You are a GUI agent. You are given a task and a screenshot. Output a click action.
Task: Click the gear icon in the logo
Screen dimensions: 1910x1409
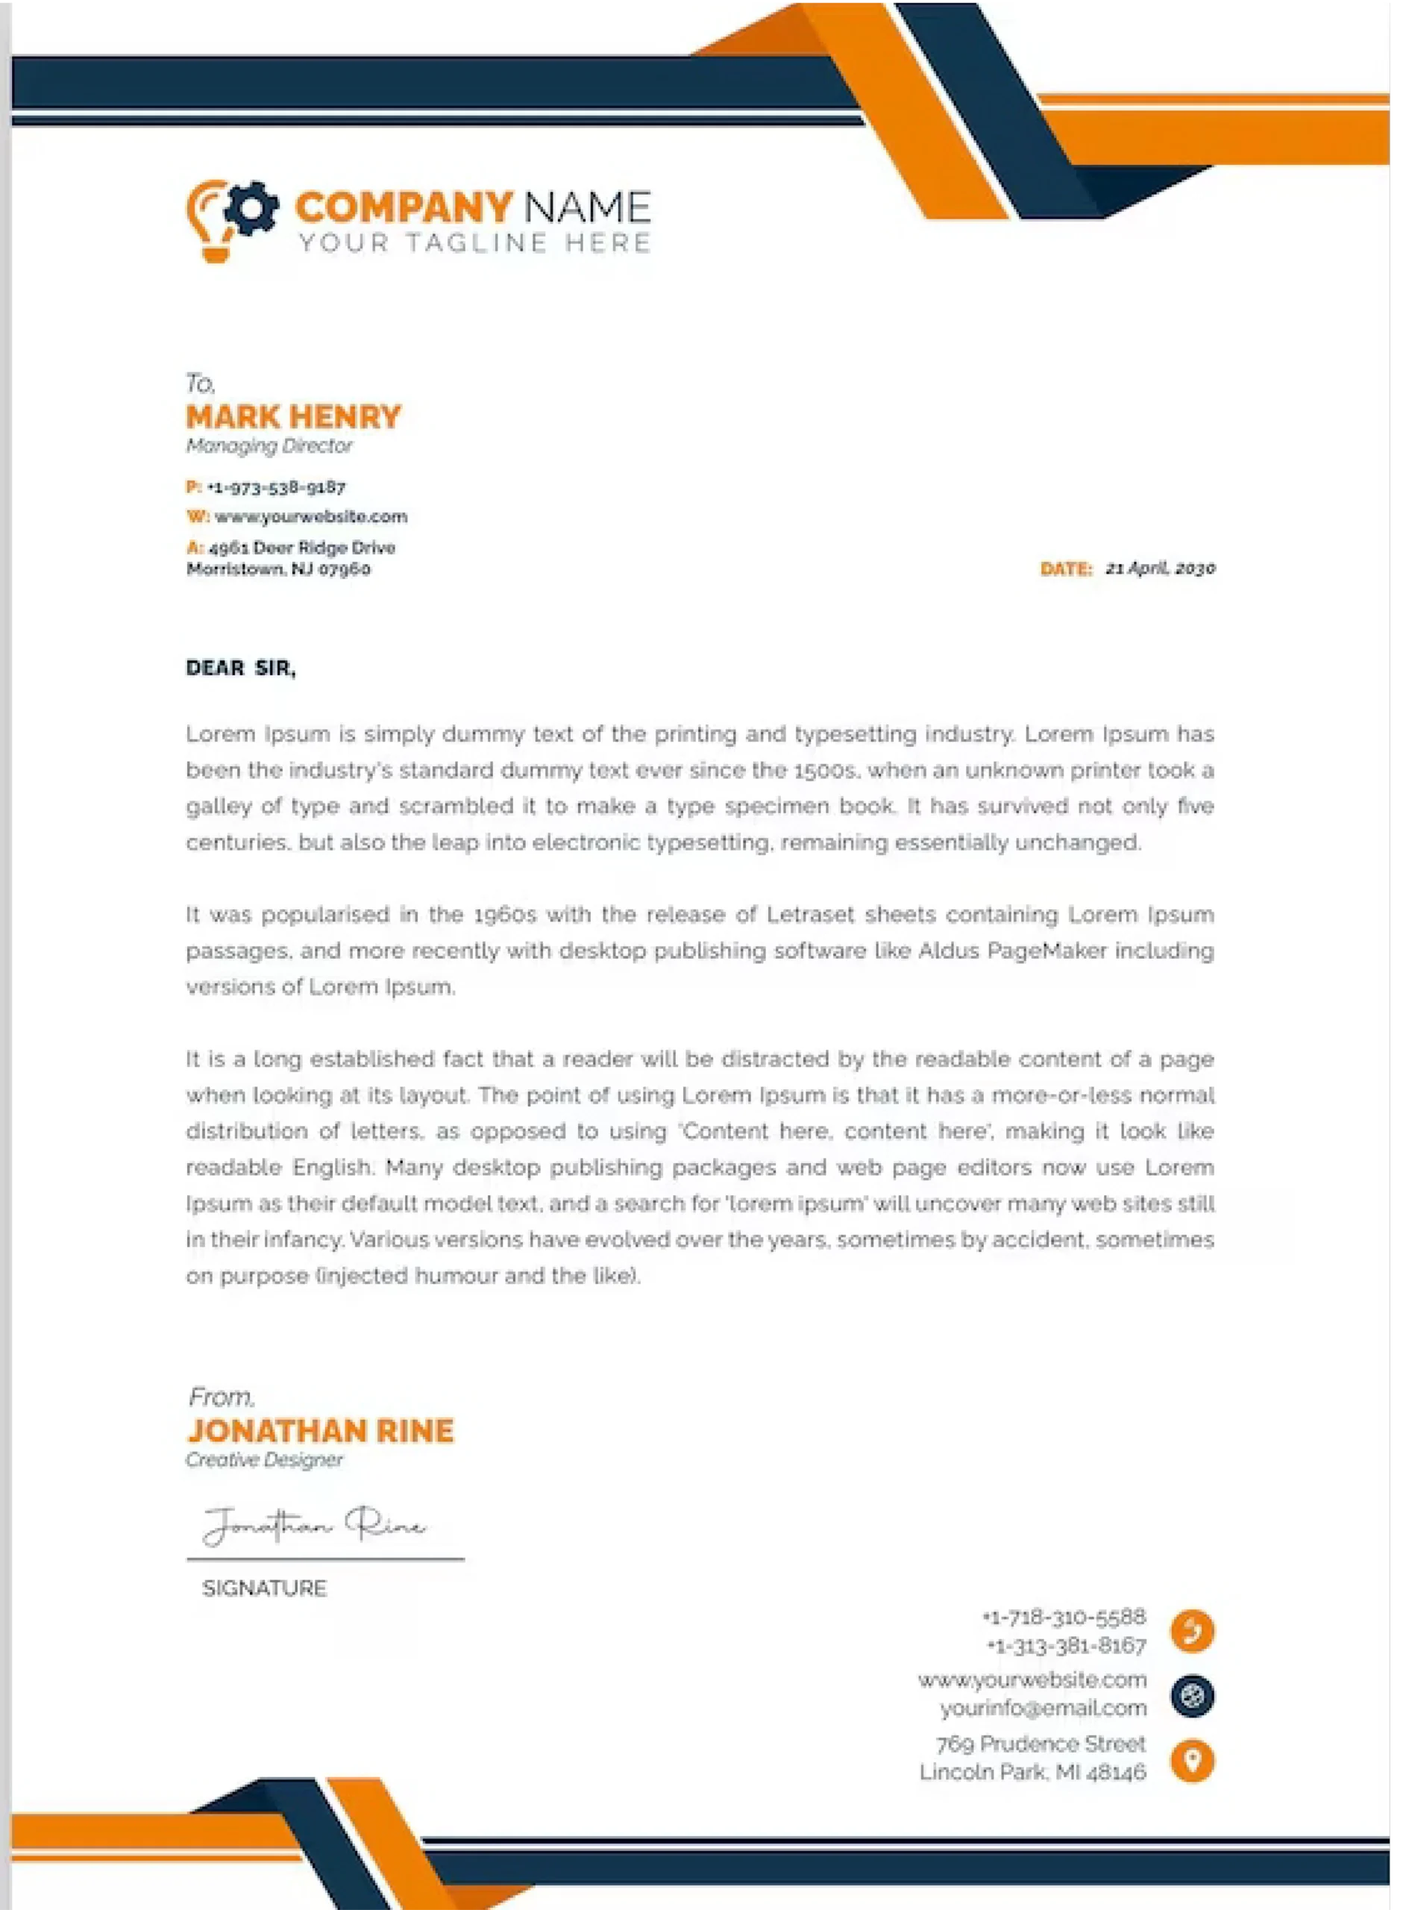pyautogui.click(x=252, y=207)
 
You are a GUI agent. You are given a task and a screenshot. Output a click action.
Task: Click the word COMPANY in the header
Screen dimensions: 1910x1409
pyautogui.click(x=404, y=207)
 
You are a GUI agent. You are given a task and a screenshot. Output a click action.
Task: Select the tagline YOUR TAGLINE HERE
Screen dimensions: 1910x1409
pyautogui.click(x=474, y=243)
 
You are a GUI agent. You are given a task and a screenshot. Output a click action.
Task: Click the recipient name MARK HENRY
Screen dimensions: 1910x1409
pyautogui.click(x=293, y=416)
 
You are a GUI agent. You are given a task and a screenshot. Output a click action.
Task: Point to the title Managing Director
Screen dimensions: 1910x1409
pyautogui.click(x=269, y=445)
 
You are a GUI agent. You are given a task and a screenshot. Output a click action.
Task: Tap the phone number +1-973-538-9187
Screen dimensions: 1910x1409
pyautogui.click(x=275, y=487)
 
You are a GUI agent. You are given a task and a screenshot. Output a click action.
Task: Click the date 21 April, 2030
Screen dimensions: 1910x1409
pyautogui.click(x=1160, y=568)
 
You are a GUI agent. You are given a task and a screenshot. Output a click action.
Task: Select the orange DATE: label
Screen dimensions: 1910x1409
pyautogui.click(x=1065, y=569)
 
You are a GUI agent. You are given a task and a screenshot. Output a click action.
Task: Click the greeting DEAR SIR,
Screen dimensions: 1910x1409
pyautogui.click(x=240, y=668)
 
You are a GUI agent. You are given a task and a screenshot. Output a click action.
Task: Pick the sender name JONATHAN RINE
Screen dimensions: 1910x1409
pyautogui.click(x=321, y=1430)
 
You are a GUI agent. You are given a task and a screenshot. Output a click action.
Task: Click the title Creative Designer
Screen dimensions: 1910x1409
pyautogui.click(x=264, y=1459)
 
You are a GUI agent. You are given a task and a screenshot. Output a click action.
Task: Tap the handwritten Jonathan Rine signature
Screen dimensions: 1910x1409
pyautogui.click(x=314, y=1524)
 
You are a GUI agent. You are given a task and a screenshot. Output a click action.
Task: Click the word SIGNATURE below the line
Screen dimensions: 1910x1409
pyautogui.click(x=264, y=1588)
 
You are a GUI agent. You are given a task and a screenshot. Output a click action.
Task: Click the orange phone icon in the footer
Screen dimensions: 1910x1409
pyautogui.click(x=1193, y=1630)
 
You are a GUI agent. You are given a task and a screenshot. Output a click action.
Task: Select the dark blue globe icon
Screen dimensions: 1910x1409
pyautogui.click(x=1193, y=1695)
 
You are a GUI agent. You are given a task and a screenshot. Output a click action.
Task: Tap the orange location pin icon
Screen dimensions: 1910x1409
pyautogui.click(x=1193, y=1760)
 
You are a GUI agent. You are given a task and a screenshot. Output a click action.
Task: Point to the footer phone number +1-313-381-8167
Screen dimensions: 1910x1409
pyautogui.click(x=1066, y=1644)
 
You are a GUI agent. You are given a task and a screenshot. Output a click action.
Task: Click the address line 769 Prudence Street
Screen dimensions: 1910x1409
pyautogui.click(x=1041, y=1743)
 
